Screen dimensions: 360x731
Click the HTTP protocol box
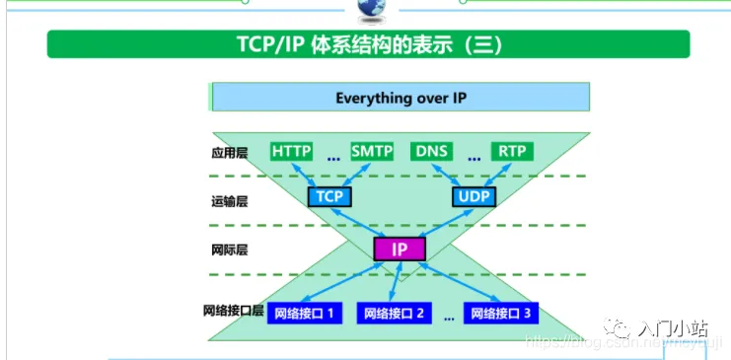tap(291, 151)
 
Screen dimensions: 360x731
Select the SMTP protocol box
tap(371, 151)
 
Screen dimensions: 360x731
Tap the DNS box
tap(432, 151)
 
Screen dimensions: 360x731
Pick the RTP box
tap(511, 151)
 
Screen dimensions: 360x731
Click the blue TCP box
tap(329, 196)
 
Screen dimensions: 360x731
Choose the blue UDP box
tap(474, 196)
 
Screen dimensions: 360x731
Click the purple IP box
tap(400, 249)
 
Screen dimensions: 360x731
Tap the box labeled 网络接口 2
tap(394, 314)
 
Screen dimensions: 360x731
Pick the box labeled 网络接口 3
tap(501, 314)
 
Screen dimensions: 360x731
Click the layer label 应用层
tap(229, 153)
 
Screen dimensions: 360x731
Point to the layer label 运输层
tap(229, 200)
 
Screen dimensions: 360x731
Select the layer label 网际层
tap(229, 250)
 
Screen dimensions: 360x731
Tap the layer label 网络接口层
tap(234, 311)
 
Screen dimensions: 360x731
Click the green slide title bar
tap(368, 44)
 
